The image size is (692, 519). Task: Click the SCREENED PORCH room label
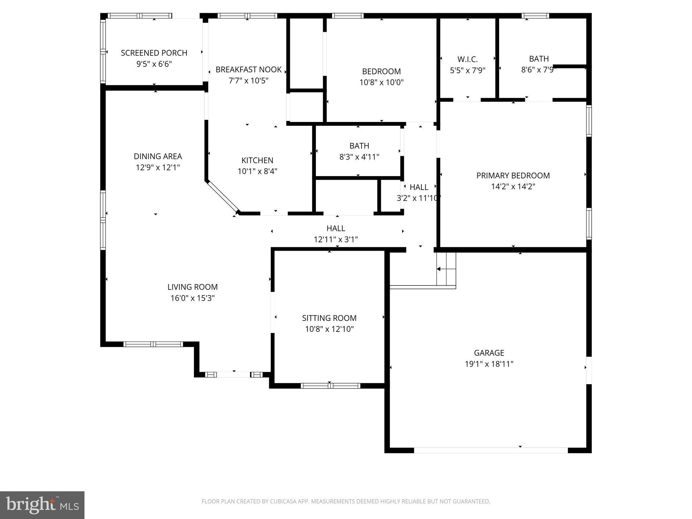coord(154,53)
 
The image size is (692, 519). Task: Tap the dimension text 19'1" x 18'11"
coord(489,364)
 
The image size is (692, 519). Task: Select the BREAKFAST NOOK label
coord(248,70)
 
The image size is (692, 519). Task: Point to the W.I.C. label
coord(468,59)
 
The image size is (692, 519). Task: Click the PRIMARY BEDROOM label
coord(513,176)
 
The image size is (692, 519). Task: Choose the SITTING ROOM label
coord(329,318)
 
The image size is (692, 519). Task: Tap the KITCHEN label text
coord(257,160)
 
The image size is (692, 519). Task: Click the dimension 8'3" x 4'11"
coord(359,157)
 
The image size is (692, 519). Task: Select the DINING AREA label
coord(158,156)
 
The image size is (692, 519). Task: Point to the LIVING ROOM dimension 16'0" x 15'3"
coord(193,298)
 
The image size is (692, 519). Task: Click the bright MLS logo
coord(42,505)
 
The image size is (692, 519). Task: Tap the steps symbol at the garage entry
coord(446,269)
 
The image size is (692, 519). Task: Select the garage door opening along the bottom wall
coord(491,450)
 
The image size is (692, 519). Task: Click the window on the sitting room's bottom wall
coord(330,386)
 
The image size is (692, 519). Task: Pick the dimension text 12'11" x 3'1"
coord(336,240)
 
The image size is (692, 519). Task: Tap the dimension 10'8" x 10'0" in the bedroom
coord(381,82)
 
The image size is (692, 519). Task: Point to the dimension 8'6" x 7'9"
coord(539,70)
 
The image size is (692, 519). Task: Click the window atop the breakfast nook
coord(247,16)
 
